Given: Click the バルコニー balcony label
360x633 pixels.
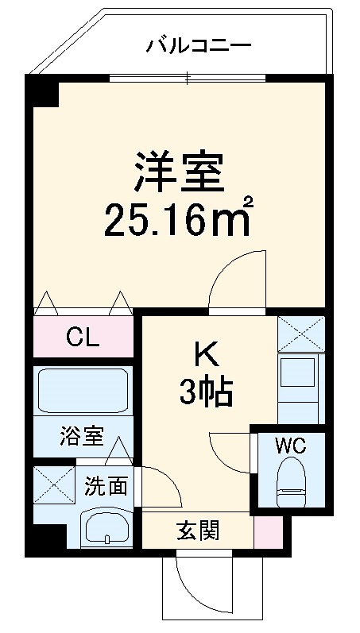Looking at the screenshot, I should tap(198, 44).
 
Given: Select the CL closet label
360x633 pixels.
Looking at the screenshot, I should tap(83, 339).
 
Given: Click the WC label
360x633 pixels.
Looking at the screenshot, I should tap(290, 446).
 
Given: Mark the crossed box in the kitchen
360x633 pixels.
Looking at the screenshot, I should tap(301, 334).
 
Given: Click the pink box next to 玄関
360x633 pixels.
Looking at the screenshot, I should tap(268, 531).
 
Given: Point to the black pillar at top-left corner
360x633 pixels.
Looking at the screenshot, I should tap(45, 91).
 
